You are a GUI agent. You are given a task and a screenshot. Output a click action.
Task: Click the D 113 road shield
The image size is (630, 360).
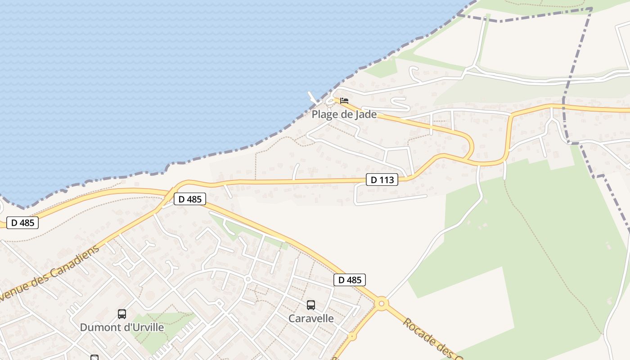click(382, 180)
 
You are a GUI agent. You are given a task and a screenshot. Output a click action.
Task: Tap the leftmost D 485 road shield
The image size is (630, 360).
click(22, 222)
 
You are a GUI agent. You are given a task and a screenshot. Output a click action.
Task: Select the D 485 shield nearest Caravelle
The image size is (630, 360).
click(350, 280)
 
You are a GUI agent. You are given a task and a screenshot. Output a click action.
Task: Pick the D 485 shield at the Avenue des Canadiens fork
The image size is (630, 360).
click(189, 199)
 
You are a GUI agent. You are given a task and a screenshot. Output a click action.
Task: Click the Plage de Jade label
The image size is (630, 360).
click(344, 114)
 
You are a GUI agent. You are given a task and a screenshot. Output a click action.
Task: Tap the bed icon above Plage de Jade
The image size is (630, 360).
click(344, 101)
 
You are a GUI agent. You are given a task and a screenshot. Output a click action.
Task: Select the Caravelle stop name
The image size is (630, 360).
click(311, 318)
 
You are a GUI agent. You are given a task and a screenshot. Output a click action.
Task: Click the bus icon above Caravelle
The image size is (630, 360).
click(310, 305)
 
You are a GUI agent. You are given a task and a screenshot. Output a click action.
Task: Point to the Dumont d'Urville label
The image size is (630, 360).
click(121, 327)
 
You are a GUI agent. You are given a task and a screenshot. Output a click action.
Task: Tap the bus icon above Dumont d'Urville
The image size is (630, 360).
click(121, 314)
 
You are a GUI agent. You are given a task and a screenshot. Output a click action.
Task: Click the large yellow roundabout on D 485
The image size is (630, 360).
click(382, 304)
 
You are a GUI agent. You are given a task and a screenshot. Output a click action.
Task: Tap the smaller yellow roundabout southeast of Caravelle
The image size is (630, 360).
click(352, 336)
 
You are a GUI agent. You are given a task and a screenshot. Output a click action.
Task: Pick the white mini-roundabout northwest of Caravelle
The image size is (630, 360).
click(247, 279)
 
